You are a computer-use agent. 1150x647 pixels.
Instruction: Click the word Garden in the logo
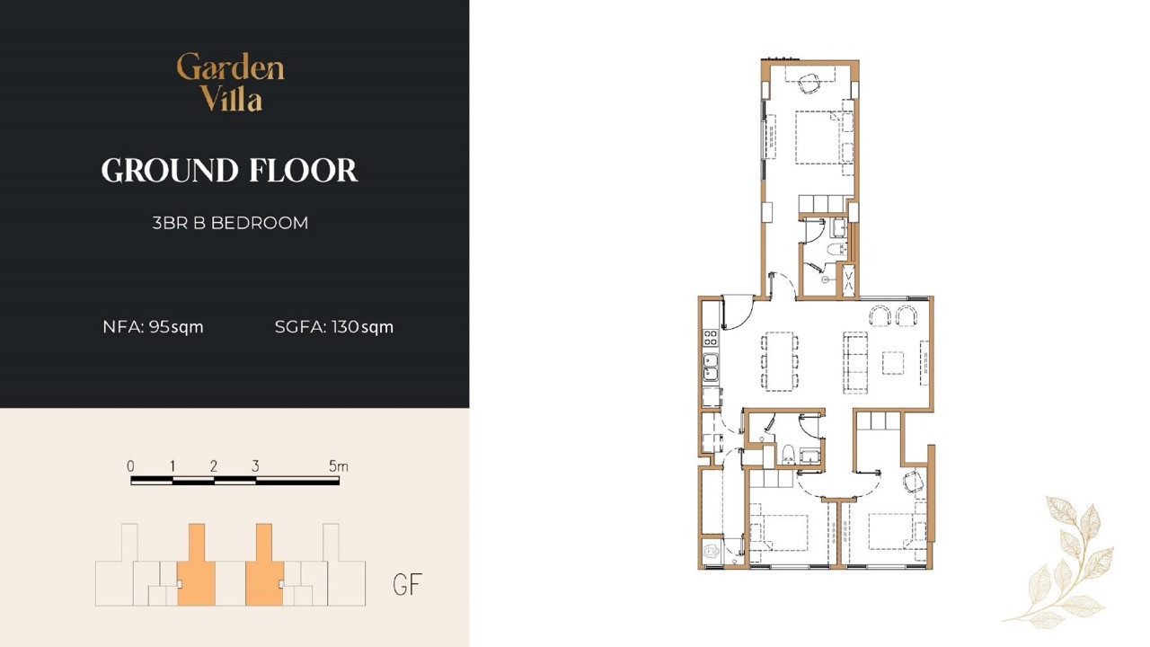click(x=230, y=67)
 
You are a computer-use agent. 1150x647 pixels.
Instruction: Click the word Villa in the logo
click(x=232, y=98)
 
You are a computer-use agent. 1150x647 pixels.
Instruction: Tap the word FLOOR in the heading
click(x=304, y=171)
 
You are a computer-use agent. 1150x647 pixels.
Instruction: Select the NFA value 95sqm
click(x=176, y=327)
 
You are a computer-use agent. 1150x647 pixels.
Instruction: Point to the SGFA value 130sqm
click(x=362, y=327)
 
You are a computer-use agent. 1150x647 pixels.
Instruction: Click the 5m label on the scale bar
click(x=339, y=466)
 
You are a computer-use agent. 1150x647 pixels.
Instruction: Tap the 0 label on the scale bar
click(x=130, y=466)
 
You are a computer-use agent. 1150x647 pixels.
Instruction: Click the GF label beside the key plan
click(x=407, y=584)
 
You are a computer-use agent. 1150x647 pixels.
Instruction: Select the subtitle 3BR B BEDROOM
click(x=230, y=223)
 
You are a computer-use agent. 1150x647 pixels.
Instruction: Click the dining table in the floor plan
click(x=779, y=361)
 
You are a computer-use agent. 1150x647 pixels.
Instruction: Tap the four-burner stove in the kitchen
click(x=710, y=337)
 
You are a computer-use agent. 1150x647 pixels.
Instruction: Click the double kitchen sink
click(x=711, y=368)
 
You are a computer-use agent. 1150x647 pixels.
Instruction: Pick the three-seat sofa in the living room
click(x=855, y=363)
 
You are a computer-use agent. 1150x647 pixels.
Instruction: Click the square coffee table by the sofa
click(x=893, y=363)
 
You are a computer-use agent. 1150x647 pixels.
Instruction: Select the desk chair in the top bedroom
click(x=809, y=83)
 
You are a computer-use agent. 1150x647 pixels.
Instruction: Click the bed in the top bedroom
click(x=820, y=137)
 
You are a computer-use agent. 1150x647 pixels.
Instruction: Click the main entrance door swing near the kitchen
click(x=738, y=312)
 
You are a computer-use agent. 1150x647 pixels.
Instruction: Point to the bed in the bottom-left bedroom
click(x=779, y=533)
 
